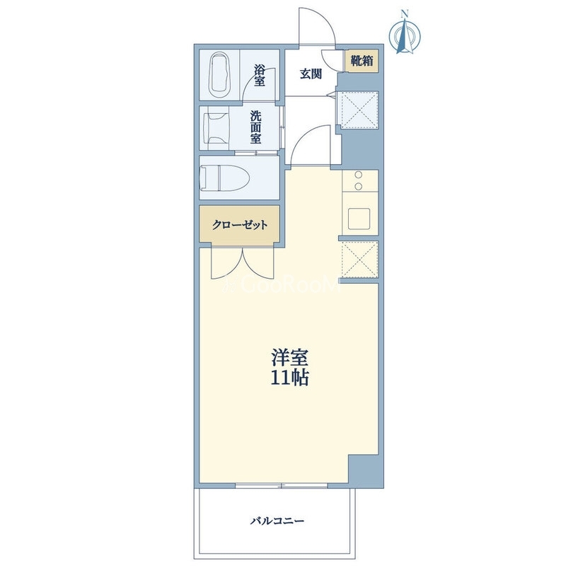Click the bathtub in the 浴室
(220, 74)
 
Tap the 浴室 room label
(259, 76)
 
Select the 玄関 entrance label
(311, 74)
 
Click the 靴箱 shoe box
(362, 61)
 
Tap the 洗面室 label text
(256, 127)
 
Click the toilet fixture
(226, 178)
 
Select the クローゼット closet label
(240, 225)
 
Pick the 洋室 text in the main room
(290, 358)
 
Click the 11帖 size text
(290, 378)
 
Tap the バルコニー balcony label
(277, 521)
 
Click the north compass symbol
(405, 36)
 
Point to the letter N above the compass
(405, 14)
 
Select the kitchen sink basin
(359, 219)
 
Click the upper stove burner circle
(359, 175)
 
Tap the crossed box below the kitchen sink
(359, 259)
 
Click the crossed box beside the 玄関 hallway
(359, 110)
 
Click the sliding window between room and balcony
(282, 485)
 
